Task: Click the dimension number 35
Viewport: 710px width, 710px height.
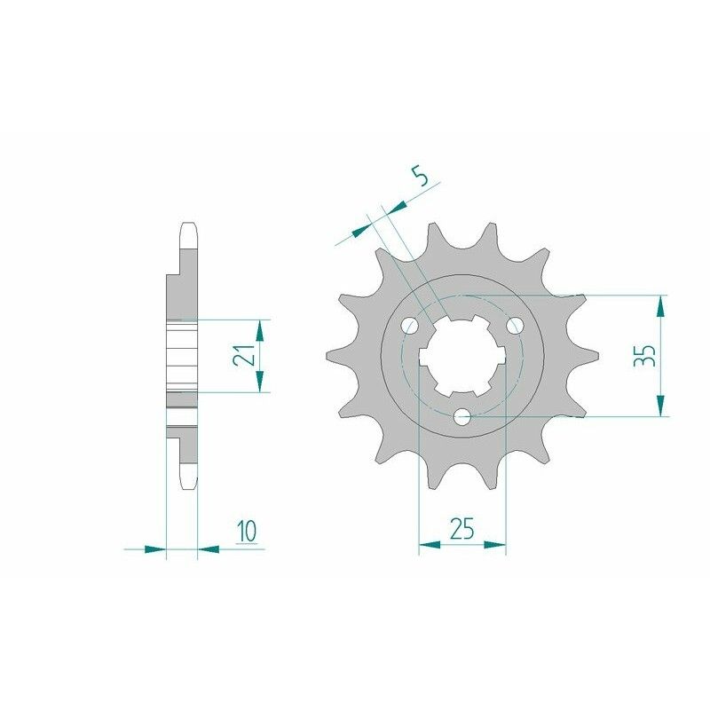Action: click(x=646, y=356)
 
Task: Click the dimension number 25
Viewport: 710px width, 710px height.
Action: click(x=461, y=530)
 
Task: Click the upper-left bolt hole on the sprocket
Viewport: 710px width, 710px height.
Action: click(x=409, y=326)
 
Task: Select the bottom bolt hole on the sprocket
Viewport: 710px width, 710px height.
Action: click(x=461, y=415)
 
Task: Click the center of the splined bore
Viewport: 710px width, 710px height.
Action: click(x=461, y=355)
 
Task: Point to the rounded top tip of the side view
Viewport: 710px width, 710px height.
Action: click(x=188, y=225)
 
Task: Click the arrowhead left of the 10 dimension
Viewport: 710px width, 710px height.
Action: click(x=155, y=549)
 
